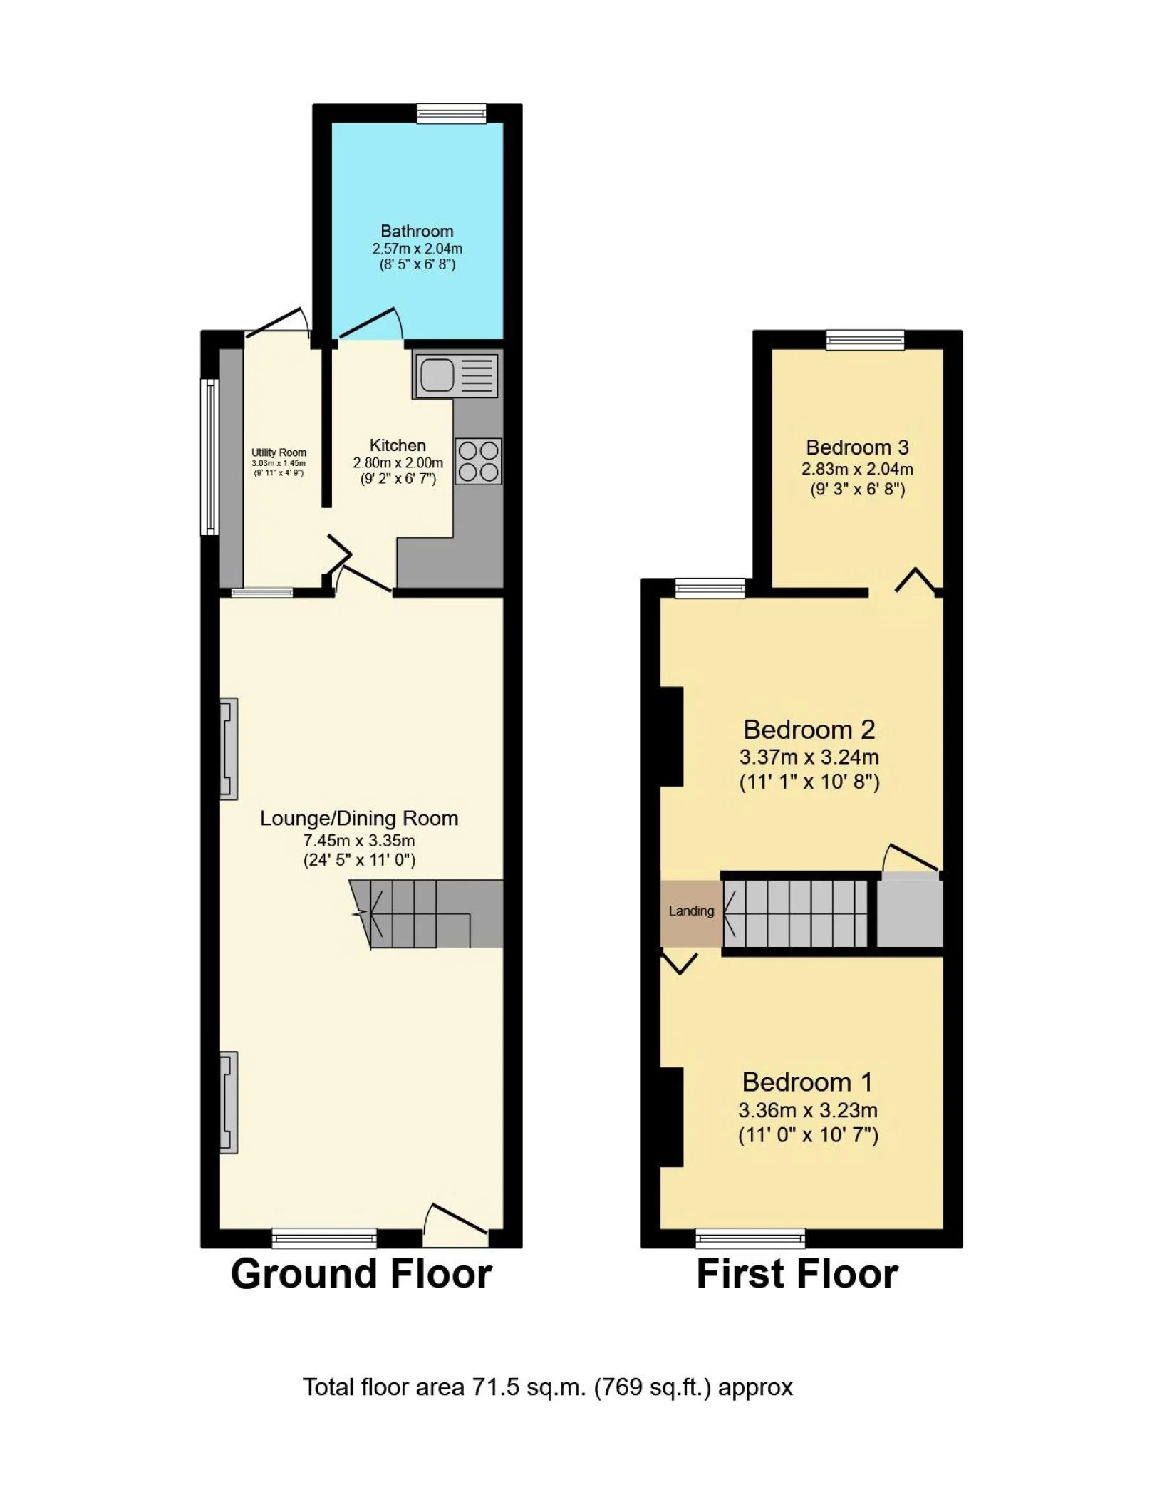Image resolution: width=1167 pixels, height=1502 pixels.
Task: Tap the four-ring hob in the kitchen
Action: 478,461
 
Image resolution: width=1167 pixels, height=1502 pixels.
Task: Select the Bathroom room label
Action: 417,231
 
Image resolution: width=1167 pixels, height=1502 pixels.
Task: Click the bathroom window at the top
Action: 452,113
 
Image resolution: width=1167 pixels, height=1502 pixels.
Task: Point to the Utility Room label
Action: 279,452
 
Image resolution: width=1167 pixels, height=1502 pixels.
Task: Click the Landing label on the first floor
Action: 691,911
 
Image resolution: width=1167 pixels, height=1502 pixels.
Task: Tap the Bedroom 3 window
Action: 865,340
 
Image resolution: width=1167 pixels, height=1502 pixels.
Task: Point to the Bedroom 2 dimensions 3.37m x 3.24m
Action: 809,757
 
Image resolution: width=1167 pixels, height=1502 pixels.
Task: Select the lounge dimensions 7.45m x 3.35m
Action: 359,840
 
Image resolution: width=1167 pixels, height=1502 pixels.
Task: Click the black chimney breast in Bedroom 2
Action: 672,737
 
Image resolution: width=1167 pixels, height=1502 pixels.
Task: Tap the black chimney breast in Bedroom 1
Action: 672,1117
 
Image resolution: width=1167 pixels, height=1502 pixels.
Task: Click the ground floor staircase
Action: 426,914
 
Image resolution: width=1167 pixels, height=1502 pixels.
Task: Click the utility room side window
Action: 210,457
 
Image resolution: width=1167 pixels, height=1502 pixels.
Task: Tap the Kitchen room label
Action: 398,445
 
